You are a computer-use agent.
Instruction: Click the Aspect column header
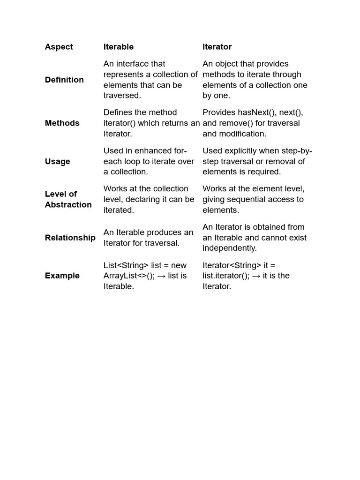[59, 47]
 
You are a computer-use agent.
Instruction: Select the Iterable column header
[118, 47]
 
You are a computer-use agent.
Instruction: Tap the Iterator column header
[217, 47]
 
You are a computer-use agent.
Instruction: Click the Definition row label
[64, 80]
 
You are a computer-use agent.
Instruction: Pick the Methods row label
[62, 123]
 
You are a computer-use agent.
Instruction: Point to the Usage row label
[57, 161]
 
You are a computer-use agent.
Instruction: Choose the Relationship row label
[70, 238]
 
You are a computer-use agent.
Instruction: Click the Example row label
[62, 276]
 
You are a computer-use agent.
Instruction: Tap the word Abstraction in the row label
[68, 205]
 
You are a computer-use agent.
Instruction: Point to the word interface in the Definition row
[140, 64]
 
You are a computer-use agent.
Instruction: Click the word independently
[230, 248]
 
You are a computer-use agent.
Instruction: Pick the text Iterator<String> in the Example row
[232, 265]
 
